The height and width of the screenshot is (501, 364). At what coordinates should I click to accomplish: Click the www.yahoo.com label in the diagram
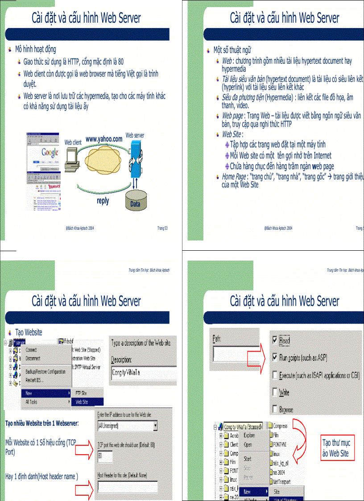coord(103,139)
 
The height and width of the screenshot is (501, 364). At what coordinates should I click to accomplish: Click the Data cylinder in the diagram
coord(135,200)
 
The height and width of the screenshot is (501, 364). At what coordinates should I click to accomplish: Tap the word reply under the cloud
coord(103,201)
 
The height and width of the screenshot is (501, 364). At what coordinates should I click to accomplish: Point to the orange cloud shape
coord(103,161)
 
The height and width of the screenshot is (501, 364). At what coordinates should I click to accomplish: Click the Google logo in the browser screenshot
coord(50,152)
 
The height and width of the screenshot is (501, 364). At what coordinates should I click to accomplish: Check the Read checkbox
coord(275,340)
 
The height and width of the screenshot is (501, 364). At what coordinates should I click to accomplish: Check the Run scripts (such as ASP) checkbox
coord(275,357)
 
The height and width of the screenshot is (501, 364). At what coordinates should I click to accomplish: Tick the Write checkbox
coord(275,392)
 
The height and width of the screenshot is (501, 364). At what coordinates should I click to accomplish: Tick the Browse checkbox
coord(275,409)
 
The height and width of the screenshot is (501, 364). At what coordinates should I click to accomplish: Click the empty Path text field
coord(235,353)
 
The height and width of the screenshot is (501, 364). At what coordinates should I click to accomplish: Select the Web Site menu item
coord(82,402)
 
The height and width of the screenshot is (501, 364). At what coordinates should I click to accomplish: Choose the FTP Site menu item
coord(81,393)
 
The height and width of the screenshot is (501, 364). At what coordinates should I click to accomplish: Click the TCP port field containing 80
coord(105,456)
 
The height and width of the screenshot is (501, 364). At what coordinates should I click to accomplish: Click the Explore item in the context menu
coord(249,435)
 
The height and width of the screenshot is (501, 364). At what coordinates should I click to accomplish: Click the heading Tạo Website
coord(29,332)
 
